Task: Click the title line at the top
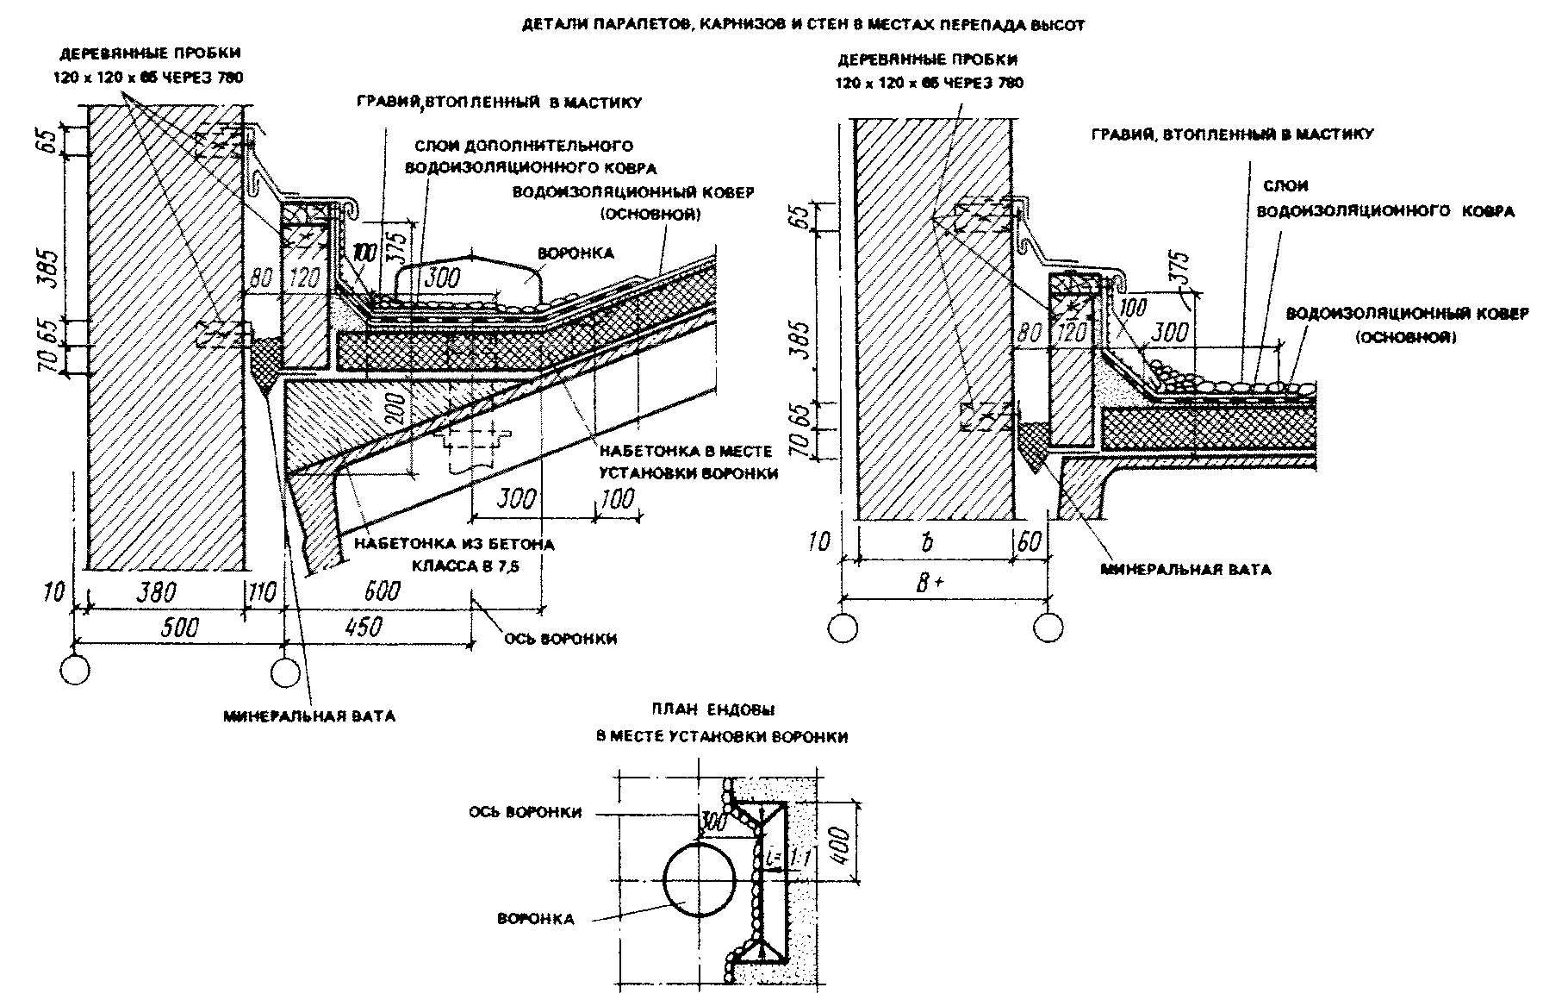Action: point(803,26)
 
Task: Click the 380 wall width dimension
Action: point(157,592)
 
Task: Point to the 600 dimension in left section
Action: point(382,591)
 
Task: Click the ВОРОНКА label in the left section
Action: point(576,253)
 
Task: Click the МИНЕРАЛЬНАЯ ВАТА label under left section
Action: point(309,716)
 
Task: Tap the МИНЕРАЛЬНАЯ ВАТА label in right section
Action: point(1185,570)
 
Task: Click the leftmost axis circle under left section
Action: point(75,670)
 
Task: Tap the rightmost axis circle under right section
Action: point(1048,627)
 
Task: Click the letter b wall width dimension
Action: point(928,543)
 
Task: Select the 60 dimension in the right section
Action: point(1030,543)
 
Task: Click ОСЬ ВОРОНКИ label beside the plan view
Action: point(526,812)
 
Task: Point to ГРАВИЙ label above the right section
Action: point(1232,134)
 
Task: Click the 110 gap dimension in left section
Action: point(262,592)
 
